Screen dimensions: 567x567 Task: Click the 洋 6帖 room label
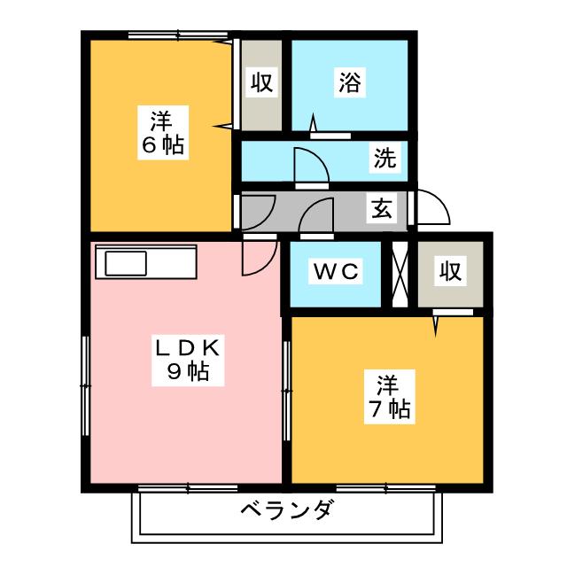pyautogui.click(x=161, y=132)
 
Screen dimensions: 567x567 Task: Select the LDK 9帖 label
pyautogui.click(x=187, y=360)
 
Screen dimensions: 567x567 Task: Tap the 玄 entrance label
pyautogui.click(x=381, y=210)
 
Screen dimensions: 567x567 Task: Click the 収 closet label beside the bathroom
pyautogui.click(x=261, y=83)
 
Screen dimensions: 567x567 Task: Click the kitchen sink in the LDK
pyautogui.click(x=126, y=263)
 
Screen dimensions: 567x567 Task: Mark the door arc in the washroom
pyautogui.click(x=307, y=167)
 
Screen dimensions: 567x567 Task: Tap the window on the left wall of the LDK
pyautogui.click(x=84, y=385)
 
